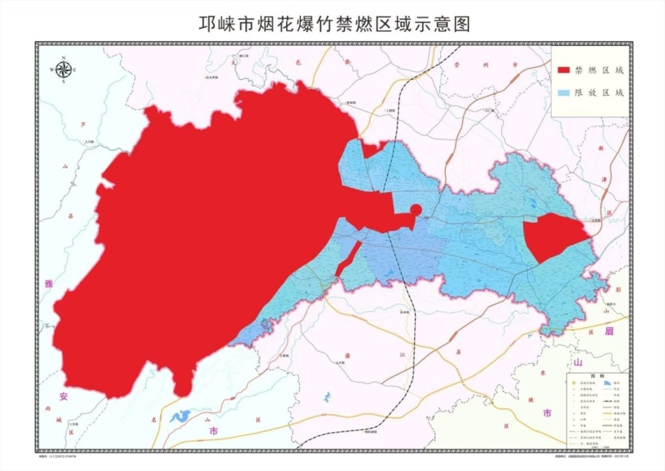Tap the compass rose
click(x=64, y=69)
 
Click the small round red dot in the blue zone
click(x=416, y=209)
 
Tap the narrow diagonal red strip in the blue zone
click(x=347, y=259)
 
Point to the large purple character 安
click(x=63, y=396)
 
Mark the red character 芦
click(x=84, y=125)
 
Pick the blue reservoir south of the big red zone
click(x=180, y=416)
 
